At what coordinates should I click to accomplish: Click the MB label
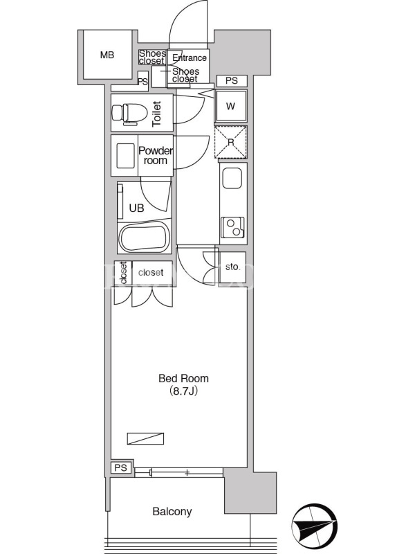pos(107,55)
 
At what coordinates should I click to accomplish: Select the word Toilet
pos(156,114)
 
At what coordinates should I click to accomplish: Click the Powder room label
pos(155,155)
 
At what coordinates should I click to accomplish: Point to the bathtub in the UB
pos(144,239)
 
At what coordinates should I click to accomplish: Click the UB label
pos(136,208)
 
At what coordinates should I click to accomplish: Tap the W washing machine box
pos(231,106)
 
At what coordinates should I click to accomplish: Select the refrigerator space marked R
pos(231,142)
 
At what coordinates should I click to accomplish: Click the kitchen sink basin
pos(232,179)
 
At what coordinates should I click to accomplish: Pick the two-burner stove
pos(232,227)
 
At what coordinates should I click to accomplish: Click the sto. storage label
pos(232,267)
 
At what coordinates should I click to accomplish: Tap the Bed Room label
pos(183,378)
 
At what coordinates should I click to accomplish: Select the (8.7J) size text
pos(183,391)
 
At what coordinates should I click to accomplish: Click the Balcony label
pos(172,511)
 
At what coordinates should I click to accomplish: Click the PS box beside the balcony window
pos(121,468)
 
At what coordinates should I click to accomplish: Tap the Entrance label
pos(190,58)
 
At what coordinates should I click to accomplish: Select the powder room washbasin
pos(126,155)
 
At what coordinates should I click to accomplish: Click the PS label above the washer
pos(232,80)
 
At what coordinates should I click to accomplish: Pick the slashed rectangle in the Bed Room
pos(145,438)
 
